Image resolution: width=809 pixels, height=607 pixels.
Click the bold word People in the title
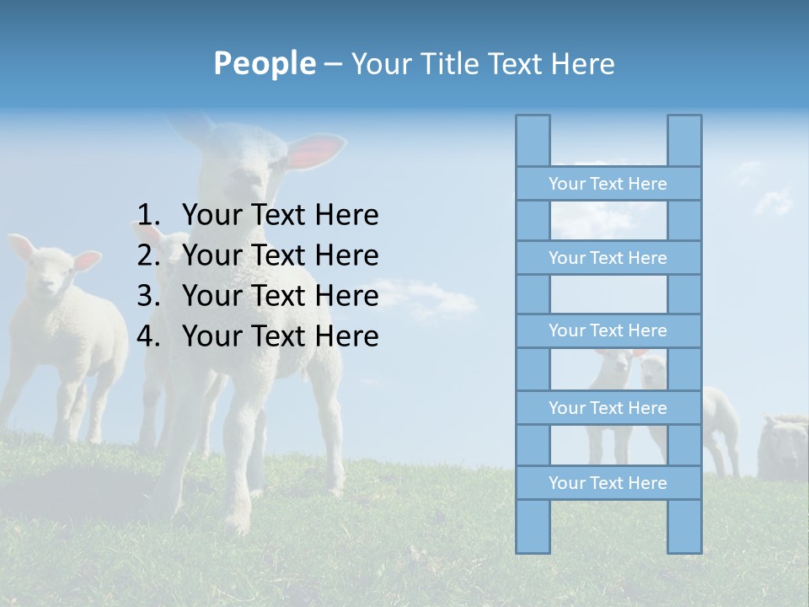pos(264,63)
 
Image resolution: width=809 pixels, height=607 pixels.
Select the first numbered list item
pos(280,216)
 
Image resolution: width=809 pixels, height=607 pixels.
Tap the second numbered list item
pos(280,255)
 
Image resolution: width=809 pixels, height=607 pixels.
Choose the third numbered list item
pos(280,296)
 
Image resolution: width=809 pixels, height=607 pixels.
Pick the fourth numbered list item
pos(280,336)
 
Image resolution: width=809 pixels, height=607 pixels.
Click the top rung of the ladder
pos(608,184)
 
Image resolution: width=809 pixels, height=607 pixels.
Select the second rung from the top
pos(608,258)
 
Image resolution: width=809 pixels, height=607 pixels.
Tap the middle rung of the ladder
pos(608,330)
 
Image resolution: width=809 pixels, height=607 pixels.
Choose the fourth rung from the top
pos(608,408)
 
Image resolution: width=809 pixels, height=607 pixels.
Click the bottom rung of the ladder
pos(608,483)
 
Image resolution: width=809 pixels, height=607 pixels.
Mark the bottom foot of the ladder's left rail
pos(533,544)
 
